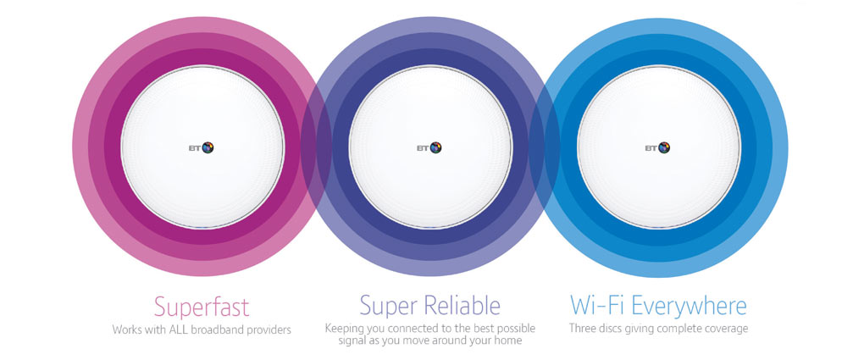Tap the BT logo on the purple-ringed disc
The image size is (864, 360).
(x=429, y=147)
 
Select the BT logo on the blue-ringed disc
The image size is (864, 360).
(x=657, y=147)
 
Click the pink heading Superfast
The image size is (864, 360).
(x=202, y=307)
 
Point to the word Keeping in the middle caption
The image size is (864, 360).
(x=341, y=330)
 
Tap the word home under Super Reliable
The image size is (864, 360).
(x=510, y=341)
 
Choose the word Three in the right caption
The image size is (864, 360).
(x=581, y=330)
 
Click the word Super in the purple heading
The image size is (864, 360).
(x=390, y=306)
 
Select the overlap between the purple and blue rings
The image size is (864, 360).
(x=545, y=147)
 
